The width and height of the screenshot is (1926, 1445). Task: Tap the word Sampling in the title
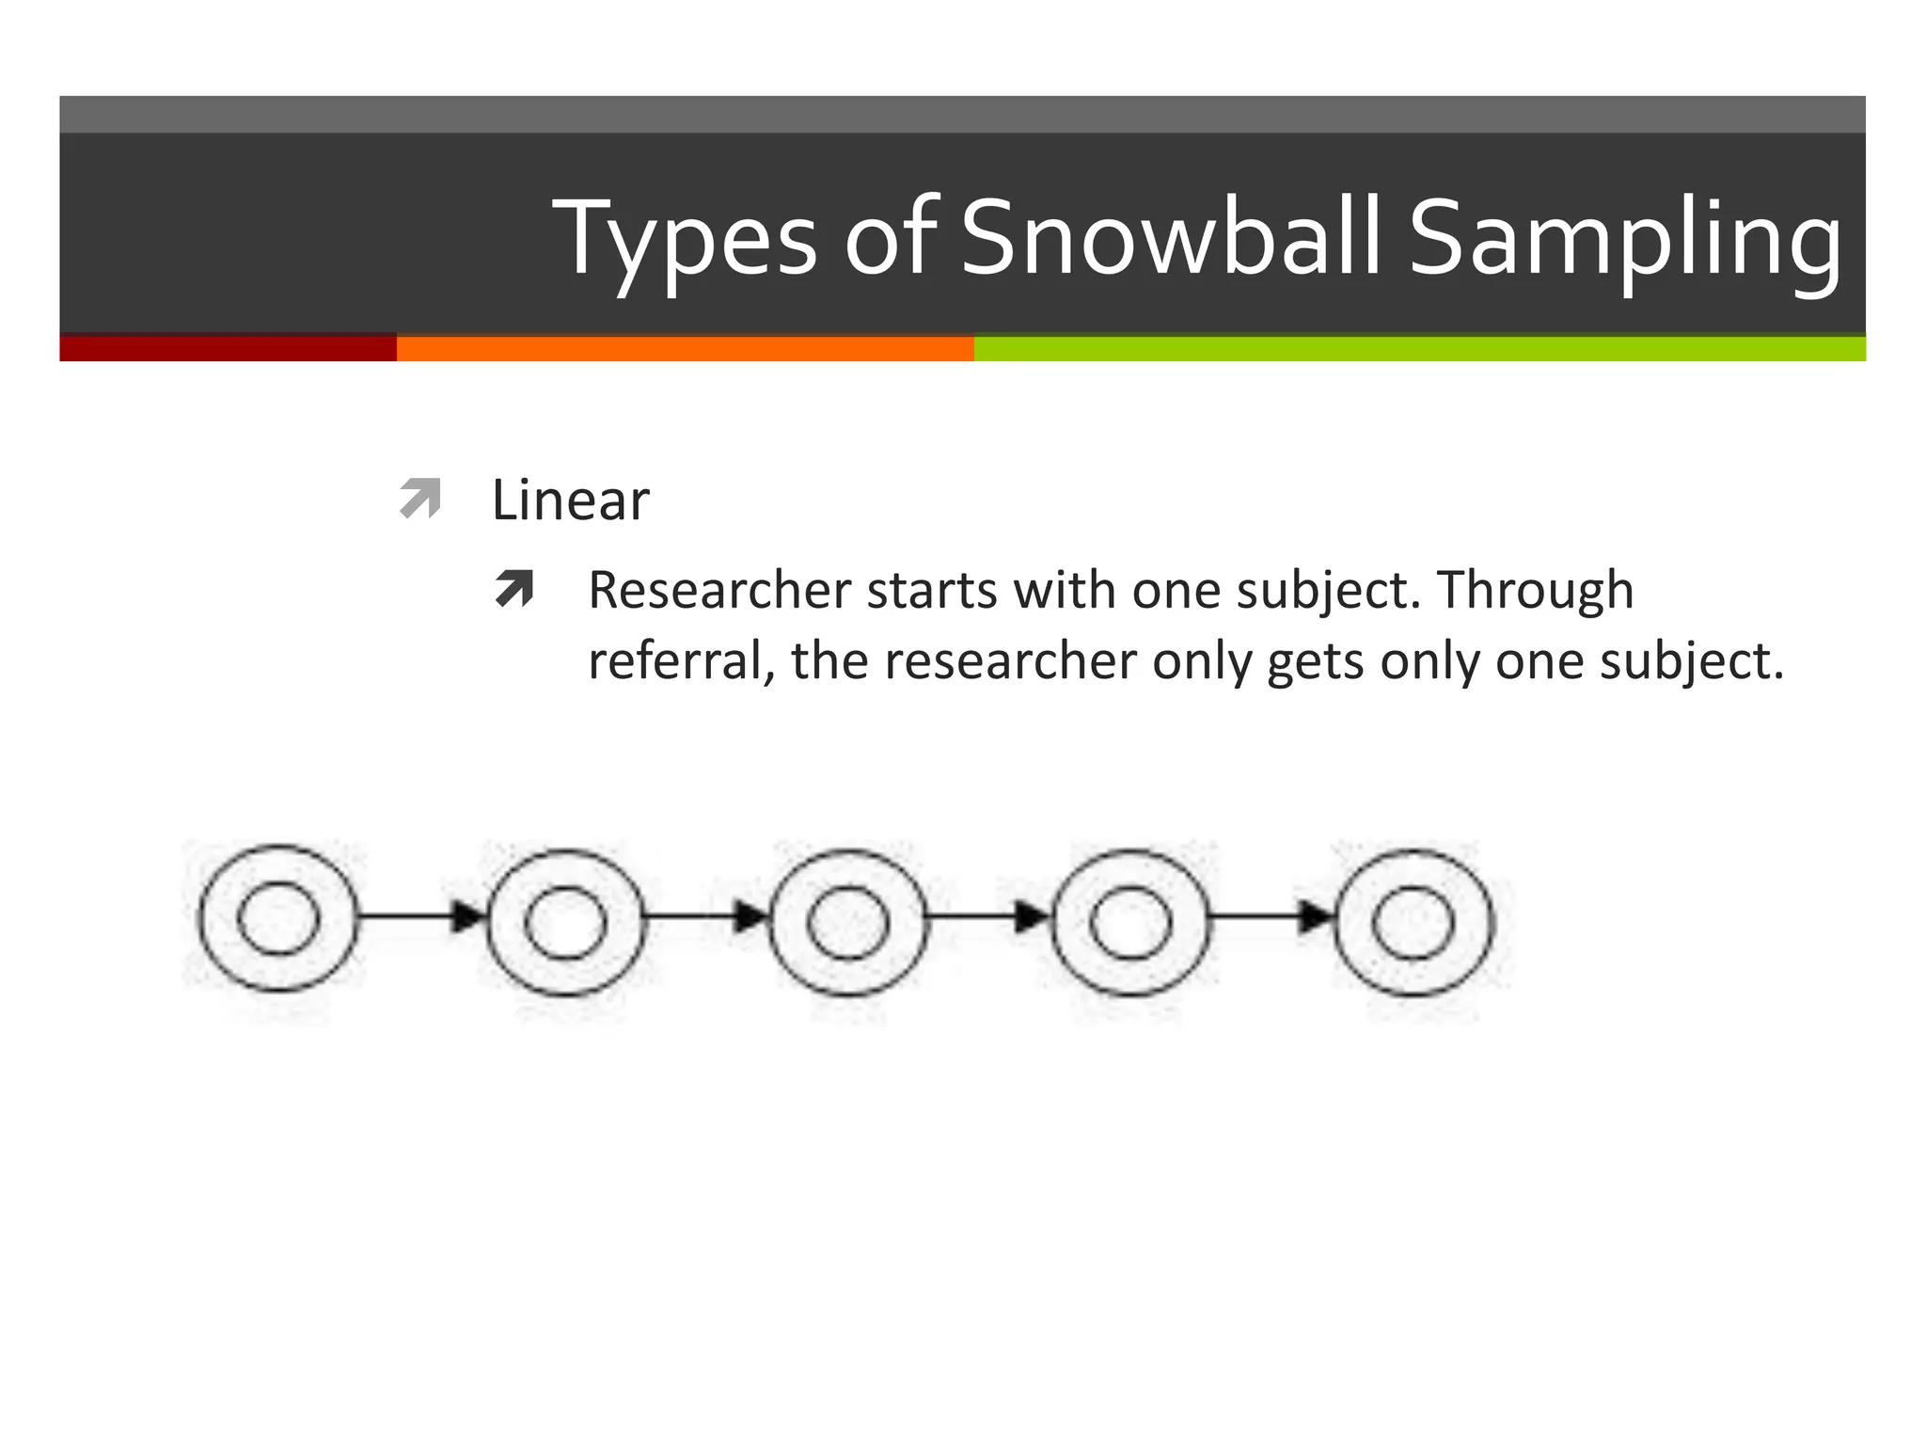(1624, 241)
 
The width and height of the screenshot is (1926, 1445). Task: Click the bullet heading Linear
(570, 500)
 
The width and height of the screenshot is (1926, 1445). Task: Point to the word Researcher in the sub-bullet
(719, 591)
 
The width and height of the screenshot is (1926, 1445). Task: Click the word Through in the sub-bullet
(1535, 591)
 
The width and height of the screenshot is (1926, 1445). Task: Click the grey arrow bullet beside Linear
(419, 499)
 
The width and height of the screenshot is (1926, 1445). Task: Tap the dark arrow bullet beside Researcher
(514, 590)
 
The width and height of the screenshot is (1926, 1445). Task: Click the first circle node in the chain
(278, 918)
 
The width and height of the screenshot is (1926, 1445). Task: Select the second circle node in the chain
(565, 922)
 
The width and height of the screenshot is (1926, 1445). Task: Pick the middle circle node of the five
(848, 922)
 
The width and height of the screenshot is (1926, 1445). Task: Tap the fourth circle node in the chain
(1131, 922)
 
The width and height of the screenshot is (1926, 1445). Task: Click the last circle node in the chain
(1413, 922)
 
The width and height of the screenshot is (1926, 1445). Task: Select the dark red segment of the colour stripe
(228, 349)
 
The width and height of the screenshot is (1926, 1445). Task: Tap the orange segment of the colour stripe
(685, 349)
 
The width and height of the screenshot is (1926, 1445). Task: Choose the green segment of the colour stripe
(1419, 349)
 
